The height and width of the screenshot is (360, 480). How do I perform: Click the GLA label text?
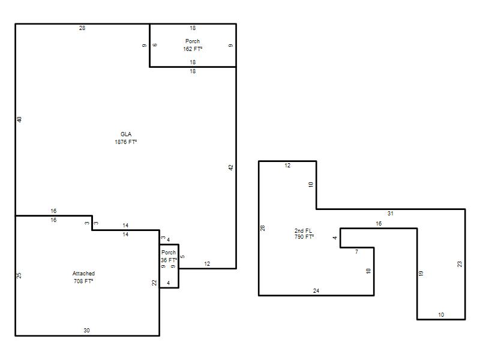[126, 134]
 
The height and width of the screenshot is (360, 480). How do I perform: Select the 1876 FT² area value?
[125, 142]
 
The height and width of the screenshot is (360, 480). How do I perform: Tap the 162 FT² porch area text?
[193, 49]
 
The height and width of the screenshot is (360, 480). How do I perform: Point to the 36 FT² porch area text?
[169, 260]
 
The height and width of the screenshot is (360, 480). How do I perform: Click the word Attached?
[83, 274]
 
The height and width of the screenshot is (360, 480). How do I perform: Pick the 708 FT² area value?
[83, 281]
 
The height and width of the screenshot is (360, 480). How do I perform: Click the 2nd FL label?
[303, 230]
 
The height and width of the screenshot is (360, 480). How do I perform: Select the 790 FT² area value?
[304, 236]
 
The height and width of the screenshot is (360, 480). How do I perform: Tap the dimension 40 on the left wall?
[19, 119]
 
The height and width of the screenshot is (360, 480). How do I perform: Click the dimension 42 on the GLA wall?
[231, 167]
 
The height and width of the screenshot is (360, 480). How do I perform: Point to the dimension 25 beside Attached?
[19, 275]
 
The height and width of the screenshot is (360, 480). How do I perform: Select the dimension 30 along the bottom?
[86, 331]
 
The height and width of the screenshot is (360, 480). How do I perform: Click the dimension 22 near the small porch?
[154, 283]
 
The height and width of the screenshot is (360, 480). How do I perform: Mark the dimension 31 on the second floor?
[391, 214]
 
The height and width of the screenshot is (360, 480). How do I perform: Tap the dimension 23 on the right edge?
[460, 264]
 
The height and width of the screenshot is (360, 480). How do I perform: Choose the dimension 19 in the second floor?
[421, 273]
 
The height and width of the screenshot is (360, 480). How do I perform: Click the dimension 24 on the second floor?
[316, 290]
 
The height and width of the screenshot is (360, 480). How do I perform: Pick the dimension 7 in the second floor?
[356, 251]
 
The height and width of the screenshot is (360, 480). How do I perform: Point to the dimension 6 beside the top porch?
[155, 45]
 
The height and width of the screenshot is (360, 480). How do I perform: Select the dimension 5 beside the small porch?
[182, 257]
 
